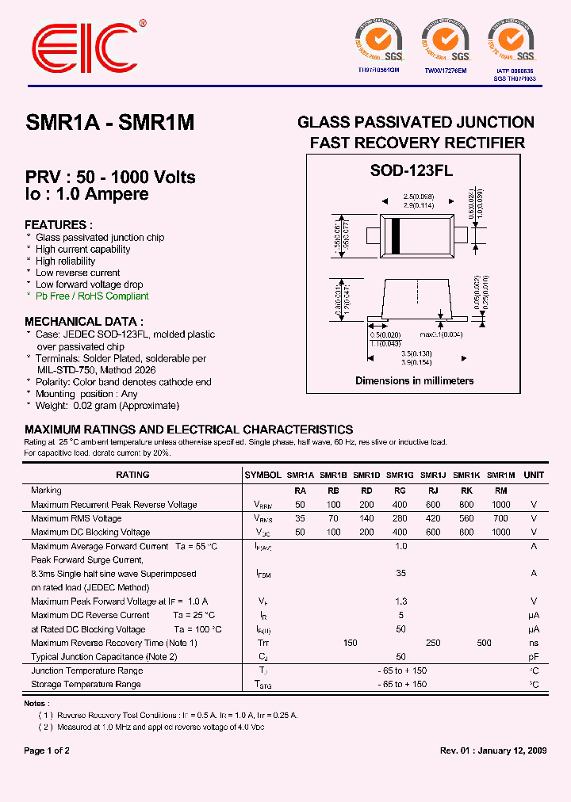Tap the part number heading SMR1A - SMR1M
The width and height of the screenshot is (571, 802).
tap(110, 123)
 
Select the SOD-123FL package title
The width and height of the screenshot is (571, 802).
tap(412, 169)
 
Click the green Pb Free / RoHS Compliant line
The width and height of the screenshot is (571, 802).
tap(92, 296)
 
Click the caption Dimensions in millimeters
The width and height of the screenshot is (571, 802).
tap(414, 380)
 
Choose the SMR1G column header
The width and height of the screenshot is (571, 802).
tap(400, 475)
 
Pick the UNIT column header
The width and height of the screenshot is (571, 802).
tap(534, 475)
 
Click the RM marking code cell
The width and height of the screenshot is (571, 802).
tap(500, 491)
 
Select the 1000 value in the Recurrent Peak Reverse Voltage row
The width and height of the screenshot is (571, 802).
tap(500, 505)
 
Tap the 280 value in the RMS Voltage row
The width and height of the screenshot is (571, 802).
tap(400, 518)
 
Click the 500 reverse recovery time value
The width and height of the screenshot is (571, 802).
tap(484, 643)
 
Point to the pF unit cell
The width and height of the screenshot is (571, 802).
tap(534, 657)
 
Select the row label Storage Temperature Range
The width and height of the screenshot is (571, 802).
tap(86, 684)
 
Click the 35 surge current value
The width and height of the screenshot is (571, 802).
tap(400, 573)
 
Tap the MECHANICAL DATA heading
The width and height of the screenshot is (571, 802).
tap(84, 322)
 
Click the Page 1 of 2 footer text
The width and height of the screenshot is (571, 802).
tap(47, 750)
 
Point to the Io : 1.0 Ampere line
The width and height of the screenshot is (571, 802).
tap(86, 195)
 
